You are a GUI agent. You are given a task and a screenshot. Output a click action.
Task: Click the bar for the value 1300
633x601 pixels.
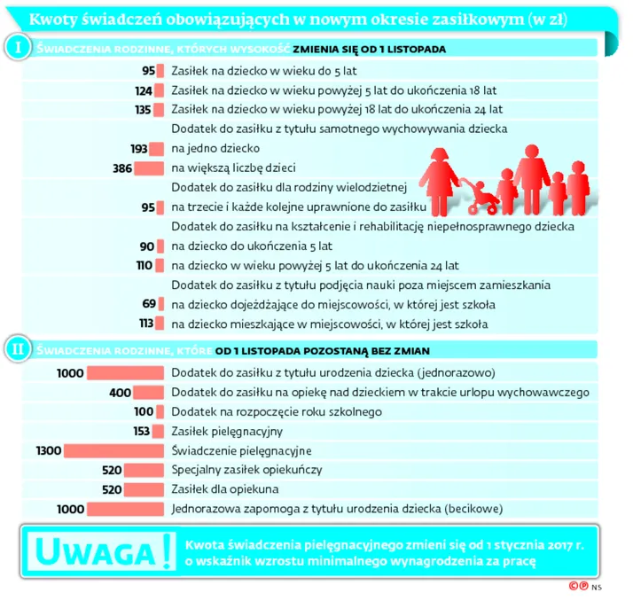(x=115, y=451)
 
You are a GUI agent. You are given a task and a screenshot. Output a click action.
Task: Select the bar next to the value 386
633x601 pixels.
(x=150, y=168)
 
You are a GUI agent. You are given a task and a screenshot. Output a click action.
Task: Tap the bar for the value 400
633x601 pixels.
(x=150, y=393)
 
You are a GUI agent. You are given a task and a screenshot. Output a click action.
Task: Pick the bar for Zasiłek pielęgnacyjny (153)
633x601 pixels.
(x=160, y=432)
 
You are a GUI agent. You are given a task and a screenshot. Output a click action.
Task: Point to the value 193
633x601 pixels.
(x=139, y=149)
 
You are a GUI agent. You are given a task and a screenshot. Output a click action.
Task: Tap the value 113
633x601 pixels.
(x=146, y=323)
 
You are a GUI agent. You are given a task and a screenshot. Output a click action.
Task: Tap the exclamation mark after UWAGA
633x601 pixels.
(x=161, y=550)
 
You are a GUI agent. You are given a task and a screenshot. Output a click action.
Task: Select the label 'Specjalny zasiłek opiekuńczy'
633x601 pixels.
(x=246, y=470)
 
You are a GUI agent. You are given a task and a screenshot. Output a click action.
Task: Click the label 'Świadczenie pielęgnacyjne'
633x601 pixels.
(x=241, y=451)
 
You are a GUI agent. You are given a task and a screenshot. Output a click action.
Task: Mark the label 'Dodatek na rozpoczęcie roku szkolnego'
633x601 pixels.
(x=276, y=412)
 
